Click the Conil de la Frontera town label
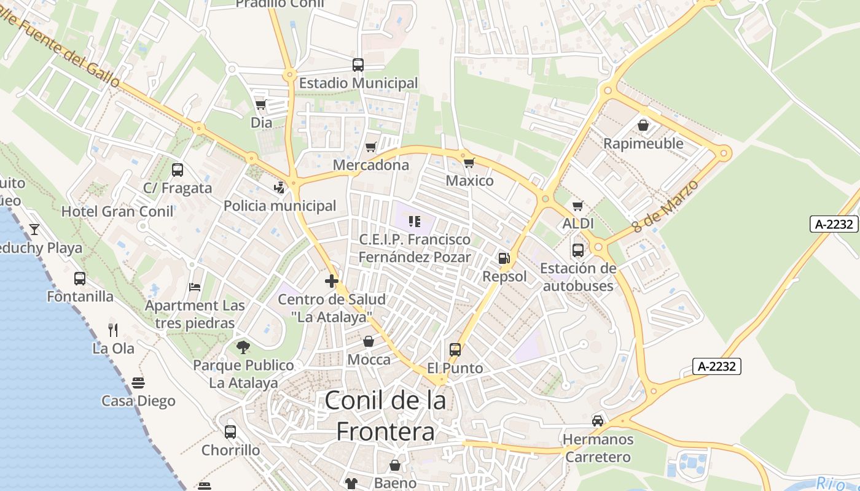point(385,416)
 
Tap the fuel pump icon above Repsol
point(504,258)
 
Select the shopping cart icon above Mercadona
point(370,147)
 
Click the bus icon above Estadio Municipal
point(358,64)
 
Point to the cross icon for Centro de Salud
point(332,281)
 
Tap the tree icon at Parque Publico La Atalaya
point(243,347)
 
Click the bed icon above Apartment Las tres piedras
point(194,287)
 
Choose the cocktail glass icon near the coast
point(34,230)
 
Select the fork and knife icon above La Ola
point(113,330)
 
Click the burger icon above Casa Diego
point(138,383)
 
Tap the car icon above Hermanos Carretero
point(598,421)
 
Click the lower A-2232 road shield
point(717,366)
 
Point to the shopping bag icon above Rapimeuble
point(643,125)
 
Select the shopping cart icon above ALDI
point(577,206)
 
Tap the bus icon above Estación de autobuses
point(578,250)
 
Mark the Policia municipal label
point(279,206)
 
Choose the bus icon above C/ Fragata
point(178,170)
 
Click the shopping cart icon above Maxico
point(469,163)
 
